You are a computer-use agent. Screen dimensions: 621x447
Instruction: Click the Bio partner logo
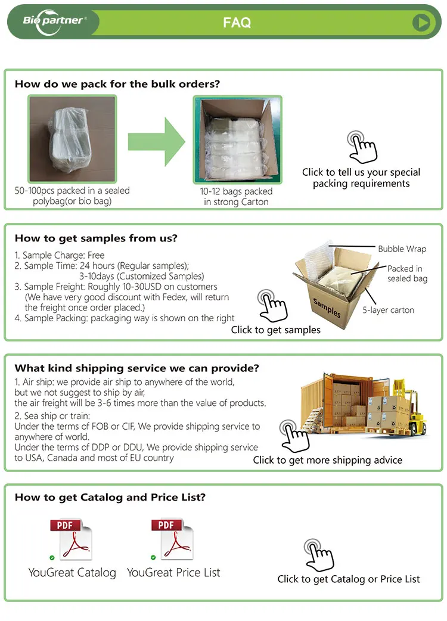pyautogui.click(x=54, y=21)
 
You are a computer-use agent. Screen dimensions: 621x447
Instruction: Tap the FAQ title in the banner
pyautogui.click(x=237, y=23)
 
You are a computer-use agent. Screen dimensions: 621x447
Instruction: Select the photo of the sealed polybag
pyautogui.click(x=72, y=139)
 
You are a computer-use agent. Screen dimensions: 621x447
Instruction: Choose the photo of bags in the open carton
pyautogui.click(x=237, y=139)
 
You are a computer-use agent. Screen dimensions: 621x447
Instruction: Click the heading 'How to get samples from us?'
pyautogui.click(x=96, y=238)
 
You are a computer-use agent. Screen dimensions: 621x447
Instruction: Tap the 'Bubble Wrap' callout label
pyautogui.click(x=402, y=249)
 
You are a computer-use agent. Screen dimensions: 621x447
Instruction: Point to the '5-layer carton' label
pyautogui.click(x=388, y=310)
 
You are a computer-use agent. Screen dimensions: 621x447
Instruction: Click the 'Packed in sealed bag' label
pyautogui.click(x=406, y=274)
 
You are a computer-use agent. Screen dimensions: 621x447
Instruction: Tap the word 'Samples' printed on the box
pyautogui.click(x=327, y=307)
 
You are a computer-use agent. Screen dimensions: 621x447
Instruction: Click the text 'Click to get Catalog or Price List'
pyautogui.click(x=349, y=579)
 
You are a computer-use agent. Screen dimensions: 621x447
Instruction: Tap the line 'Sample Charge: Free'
pyautogui.click(x=60, y=255)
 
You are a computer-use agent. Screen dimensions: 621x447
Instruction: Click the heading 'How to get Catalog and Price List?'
pyautogui.click(x=110, y=497)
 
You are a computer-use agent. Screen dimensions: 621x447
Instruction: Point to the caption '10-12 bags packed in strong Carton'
pyautogui.click(x=237, y=197)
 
